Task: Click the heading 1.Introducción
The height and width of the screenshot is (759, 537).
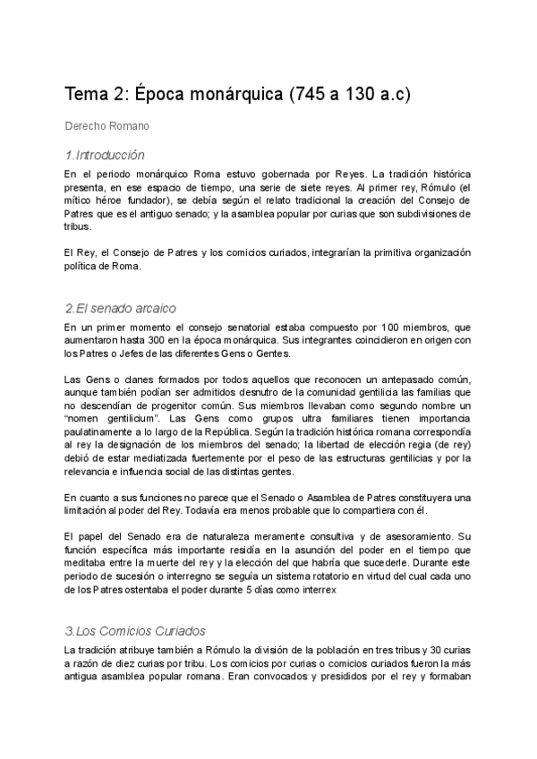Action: (106, 155)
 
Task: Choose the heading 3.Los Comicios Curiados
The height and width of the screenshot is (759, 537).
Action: (136, 631)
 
